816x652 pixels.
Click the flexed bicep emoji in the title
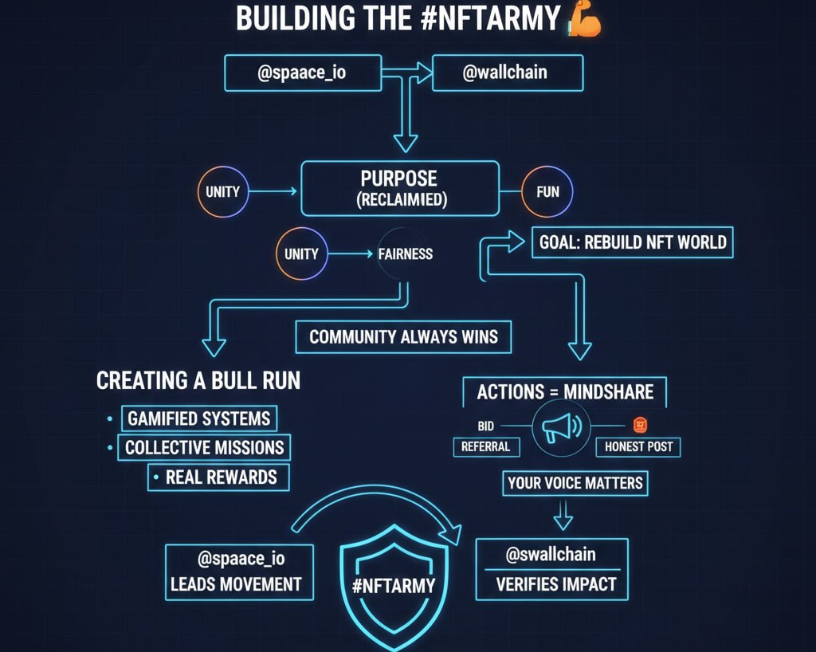click(x=583, y=18)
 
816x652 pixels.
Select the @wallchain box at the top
click(x=507, y=73)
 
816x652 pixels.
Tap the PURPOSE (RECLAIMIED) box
click(x=400, y=188)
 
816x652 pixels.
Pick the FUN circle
click(x=547, y=192)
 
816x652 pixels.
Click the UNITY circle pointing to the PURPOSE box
click(x=223, y=191)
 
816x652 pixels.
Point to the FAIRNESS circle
click(x=406, y=254)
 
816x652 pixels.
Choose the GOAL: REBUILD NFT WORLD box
click(x=632, y=242)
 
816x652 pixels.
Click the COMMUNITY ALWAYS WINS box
click(x=403, y=336)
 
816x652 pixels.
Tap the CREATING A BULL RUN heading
click(x=198, y=380)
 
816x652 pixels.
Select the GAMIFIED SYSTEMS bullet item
click(x=199, y=418)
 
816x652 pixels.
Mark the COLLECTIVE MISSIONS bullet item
click(x=204, y=447)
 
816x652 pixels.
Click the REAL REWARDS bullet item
click(x=221, y=477)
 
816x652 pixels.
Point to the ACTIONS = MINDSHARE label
click(x=565, y=391)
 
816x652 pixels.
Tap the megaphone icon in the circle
click(x=563, y=429)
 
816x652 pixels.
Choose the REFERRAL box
click(x=485, y=447)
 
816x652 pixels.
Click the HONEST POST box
click(x=637, y=447)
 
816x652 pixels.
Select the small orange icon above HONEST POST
click(x=639, y=425)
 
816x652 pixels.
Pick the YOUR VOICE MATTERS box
click(x=575, y=483)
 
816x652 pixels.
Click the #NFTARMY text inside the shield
click(x=394, y=586)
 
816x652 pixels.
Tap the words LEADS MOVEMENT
click(x=237, y=584)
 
